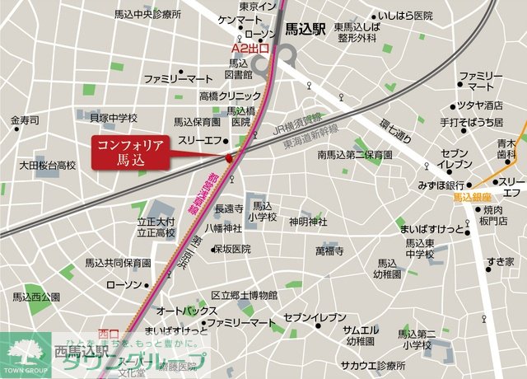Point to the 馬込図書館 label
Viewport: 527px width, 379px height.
tap(239, 68)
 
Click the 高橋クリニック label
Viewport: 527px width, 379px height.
tap(212, 96)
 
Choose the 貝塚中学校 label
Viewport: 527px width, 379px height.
tap(113, 118)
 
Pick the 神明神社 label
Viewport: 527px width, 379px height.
tap(307, 222)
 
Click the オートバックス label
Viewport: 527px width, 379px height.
tap(186, 311)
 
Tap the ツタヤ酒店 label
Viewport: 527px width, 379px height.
tap(482, 105)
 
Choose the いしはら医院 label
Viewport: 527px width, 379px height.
tap(403, 16)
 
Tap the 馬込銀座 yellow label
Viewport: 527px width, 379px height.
tap(471, 199)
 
